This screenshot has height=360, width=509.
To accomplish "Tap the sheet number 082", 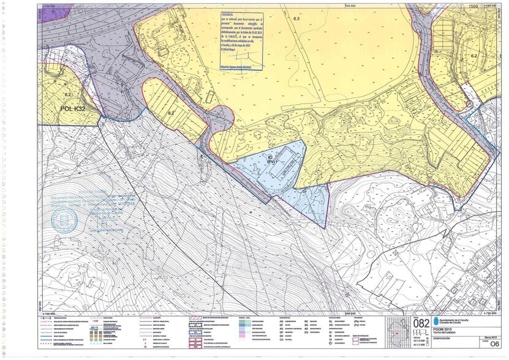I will coord(422,323).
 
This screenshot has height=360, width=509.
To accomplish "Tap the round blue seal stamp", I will coord(64,221).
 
